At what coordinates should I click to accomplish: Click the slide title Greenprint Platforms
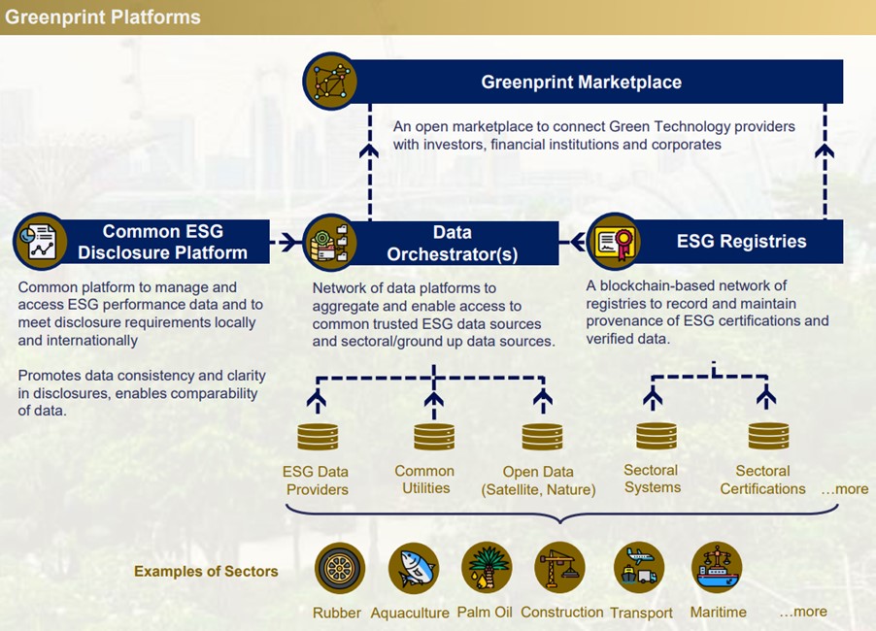pyautogui.click(x=103, y=17)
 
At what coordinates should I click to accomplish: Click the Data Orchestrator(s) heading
pyautogui.click(x=452, y=243)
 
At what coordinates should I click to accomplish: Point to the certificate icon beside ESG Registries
pyautogui.click(x=614, y=241)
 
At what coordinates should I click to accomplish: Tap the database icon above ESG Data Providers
pyautogui.click(x=318, y=436)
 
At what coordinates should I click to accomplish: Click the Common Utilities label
pyautogui.click(x=424, y=479)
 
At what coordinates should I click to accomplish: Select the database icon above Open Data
pyautogui.click(x=542, y=436)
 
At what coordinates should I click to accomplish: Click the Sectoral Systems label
pyautogui.click(x=652, y=479)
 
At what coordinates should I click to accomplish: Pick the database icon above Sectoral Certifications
pyautogui.click(x=767, y=436)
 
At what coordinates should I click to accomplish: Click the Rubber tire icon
pyautogui.click(x=340, y=568)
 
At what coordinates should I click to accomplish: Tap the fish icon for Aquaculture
pyautogui.click(x=413, y=568)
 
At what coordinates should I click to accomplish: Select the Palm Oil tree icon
pyautogui.click(x=486, y=568)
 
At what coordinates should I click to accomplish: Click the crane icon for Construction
pyautogui.click(x=560, y=568)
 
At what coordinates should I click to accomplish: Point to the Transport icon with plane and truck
pyautogui.click(x=639, y=568)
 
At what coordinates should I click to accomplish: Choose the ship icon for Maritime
pyautogui.click(x=717, y=568)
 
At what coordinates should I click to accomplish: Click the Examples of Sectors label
pyautogui.click(x=206, y=571)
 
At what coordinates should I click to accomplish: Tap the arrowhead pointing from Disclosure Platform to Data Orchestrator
pyautogui.click(x=288, y=242)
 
